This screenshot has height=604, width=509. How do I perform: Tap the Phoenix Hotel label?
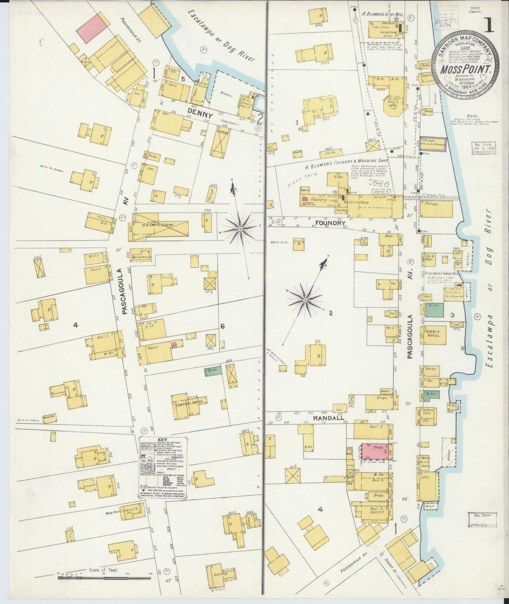point(433,334)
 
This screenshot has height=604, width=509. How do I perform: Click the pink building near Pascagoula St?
point(92,29)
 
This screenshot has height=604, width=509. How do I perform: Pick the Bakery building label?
point(154,347)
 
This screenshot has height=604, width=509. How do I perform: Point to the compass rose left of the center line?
point(240,229)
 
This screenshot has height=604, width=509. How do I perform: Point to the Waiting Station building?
point(141,257)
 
